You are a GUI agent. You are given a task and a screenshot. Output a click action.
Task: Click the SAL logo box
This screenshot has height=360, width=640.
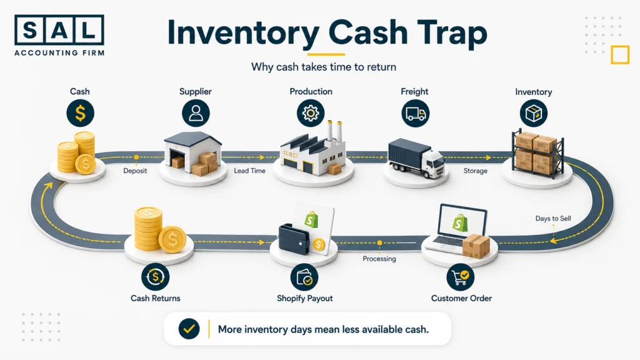coord(59,30)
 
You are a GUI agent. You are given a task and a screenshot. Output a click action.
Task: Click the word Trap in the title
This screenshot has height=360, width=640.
coord(452,33)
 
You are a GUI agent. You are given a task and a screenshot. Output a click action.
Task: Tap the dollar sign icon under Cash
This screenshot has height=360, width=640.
coord(81,113)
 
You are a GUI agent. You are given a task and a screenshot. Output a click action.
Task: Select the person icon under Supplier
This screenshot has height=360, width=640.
coord(196,113)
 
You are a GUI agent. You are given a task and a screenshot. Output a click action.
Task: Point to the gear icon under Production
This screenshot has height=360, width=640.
coord(311,113)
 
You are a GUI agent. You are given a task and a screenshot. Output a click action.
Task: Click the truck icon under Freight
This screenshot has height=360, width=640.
coord(415,113)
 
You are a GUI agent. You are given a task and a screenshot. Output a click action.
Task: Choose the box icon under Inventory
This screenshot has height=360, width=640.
coord(534,114)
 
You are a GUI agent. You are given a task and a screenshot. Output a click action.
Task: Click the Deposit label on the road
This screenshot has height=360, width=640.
coord(135,171)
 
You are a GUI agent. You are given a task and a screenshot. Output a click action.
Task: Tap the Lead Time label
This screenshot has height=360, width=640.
coord(249,171)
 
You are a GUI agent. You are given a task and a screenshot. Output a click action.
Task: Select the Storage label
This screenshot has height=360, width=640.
coord(475,171)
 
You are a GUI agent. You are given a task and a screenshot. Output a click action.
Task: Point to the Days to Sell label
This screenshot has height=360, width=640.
coord(553,218)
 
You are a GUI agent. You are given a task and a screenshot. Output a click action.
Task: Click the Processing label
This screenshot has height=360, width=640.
coord(379,259)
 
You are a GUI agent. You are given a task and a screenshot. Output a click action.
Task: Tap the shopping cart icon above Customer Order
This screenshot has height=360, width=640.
coord(461,277)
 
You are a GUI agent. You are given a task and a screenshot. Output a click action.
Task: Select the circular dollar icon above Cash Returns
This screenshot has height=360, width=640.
coord(155,277)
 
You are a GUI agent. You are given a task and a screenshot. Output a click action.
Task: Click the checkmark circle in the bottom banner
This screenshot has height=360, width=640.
coord(189,329)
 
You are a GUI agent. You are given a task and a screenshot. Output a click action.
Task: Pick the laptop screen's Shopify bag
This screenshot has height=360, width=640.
coord(461,222)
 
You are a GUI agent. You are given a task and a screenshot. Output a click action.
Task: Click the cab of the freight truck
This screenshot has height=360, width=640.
coord(434,163)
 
